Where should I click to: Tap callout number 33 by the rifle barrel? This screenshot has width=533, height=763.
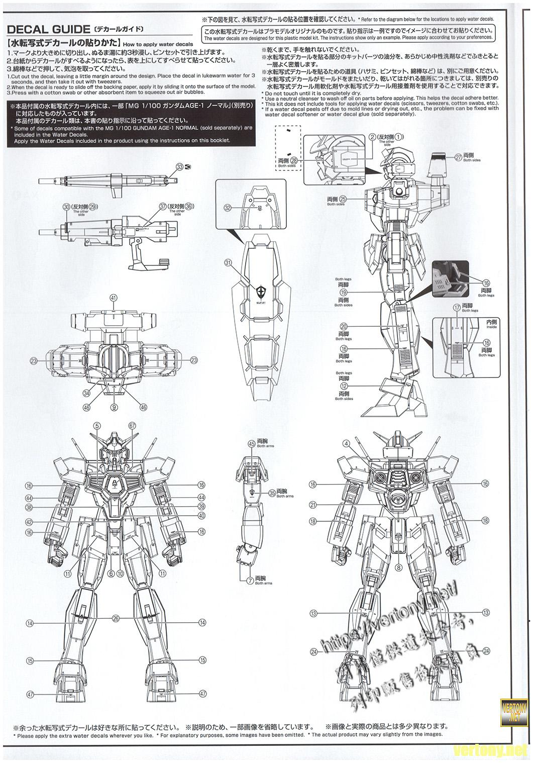(179, 167)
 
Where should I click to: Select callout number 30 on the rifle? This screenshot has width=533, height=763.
(66, 207)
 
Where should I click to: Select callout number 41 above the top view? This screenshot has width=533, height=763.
(114, 298)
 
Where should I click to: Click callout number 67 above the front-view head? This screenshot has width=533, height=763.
(133, 425)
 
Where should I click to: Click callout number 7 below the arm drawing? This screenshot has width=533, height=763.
(250, 580)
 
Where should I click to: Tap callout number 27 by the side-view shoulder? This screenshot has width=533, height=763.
(458, 157)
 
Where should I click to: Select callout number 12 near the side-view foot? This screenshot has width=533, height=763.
(344, 386)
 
